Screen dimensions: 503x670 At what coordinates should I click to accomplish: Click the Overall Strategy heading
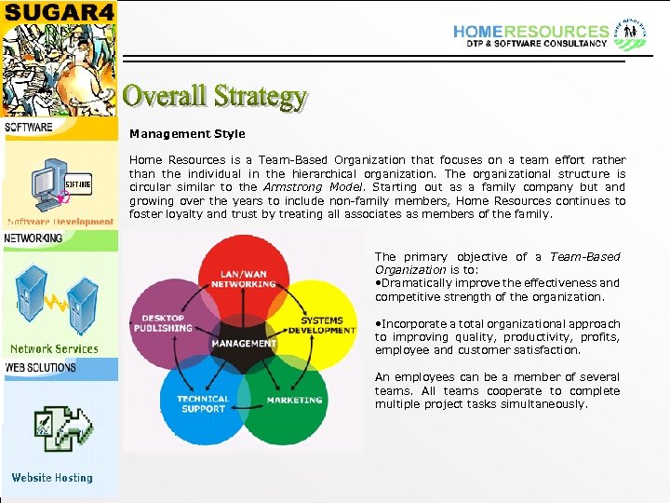click(215, 96)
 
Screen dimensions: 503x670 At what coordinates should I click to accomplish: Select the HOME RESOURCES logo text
click(530, 32)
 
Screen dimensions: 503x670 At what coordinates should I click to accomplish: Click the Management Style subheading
click(187, 134)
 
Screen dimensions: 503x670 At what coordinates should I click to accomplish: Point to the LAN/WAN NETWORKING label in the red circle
click(242, 278)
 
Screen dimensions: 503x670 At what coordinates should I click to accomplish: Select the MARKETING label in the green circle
click(294, 401)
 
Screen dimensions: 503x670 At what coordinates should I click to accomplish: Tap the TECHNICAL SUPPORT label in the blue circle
click(203, 404)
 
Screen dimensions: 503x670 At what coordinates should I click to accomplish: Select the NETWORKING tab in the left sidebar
click(34, 238)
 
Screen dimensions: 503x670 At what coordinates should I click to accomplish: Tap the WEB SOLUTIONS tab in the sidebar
click(41, 368)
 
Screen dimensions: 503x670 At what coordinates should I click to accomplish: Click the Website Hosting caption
click(52, 478)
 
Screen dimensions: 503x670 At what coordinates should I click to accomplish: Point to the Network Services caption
click(54, 349)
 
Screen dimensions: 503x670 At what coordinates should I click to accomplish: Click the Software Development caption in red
click(60, 222)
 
